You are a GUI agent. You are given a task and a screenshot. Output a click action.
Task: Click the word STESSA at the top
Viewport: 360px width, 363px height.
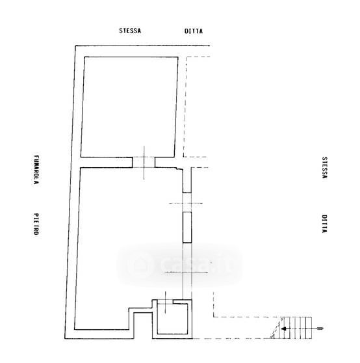pos(130,31)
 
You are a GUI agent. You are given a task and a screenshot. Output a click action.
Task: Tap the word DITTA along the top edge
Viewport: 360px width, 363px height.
pos(194,31)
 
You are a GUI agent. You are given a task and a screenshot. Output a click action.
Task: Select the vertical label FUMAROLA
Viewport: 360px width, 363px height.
pos(36,170)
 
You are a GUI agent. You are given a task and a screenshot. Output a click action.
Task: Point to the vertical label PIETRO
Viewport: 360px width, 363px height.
pos(36,224)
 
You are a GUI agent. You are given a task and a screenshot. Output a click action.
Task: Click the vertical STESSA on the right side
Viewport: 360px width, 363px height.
pos(325,168)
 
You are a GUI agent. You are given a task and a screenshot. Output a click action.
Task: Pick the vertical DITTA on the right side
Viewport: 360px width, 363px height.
pos(325,224)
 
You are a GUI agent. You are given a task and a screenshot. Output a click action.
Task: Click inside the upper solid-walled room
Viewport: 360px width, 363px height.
pos(129,107)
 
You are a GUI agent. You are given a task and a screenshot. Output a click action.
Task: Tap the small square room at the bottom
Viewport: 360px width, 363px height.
pos(172,319)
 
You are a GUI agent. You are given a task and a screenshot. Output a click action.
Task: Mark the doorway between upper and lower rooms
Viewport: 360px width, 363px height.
pos(144,162)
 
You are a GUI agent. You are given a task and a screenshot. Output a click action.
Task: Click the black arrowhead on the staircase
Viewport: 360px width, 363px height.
pos(284,329)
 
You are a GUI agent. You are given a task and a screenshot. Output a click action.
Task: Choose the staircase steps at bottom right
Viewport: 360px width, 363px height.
pos(296,328)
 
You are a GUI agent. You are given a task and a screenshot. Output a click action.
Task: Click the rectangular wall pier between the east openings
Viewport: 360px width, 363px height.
pos(187,227)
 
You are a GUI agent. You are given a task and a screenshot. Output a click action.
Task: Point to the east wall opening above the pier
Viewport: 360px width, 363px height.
pos(187,202)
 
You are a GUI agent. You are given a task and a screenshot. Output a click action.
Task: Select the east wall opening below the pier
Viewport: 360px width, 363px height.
pos(187,271)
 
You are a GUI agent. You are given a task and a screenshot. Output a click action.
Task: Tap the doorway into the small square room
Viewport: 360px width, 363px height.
pos(165,302)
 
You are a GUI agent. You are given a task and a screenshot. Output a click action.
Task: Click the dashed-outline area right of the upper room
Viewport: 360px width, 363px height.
pos(197,107)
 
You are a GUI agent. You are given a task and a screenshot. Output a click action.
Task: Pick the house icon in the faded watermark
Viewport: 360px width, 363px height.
pos(140,264)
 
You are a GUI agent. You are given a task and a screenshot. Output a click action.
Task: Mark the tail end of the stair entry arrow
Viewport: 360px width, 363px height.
pos(322,329)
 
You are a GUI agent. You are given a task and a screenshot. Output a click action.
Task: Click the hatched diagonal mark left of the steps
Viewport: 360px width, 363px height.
pos(277,329)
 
